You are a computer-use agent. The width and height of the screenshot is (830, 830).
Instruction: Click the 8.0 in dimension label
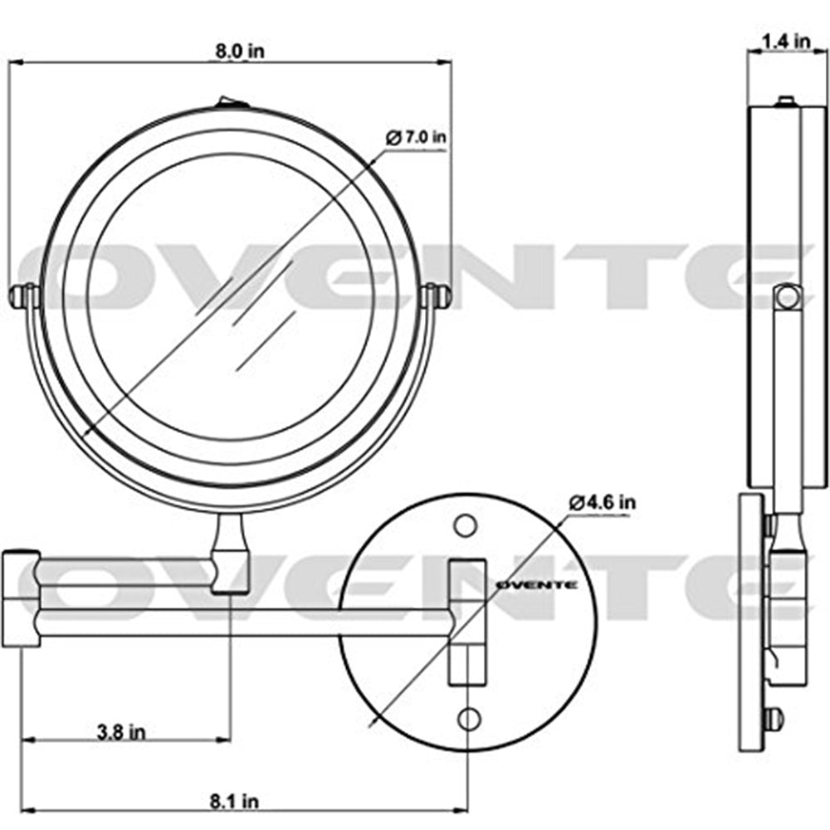coord(240,51)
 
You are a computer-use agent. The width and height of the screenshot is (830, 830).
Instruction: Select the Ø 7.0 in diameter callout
coord(418,138)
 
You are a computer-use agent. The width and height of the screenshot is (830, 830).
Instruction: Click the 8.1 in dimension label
coord(235,801)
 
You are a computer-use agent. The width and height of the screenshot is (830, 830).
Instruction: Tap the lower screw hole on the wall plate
coord(469,718)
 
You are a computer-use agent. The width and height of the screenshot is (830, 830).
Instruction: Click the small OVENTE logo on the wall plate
coord(536,584)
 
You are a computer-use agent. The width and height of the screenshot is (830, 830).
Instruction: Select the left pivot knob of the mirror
coord(22,295)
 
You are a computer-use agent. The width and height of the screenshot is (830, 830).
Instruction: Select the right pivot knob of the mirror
coord(437,295)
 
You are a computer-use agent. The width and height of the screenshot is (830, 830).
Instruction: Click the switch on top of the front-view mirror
coord(232,104)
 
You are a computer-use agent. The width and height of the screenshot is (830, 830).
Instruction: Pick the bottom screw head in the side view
coord(774,719)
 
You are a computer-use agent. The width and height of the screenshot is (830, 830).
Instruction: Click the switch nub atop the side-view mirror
coord(784,102)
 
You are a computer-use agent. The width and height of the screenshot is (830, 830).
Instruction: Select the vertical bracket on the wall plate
coord(466,622)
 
